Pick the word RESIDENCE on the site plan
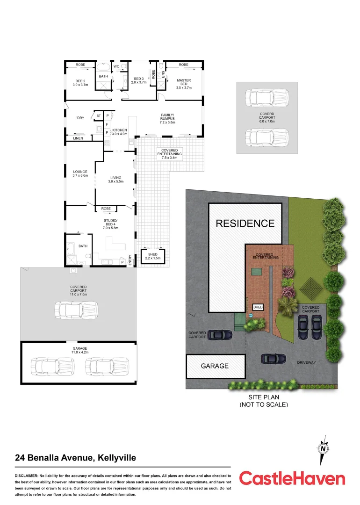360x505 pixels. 245,224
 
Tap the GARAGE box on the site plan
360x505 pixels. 215,366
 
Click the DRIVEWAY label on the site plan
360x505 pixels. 307,362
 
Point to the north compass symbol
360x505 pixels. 323,448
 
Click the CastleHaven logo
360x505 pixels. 292,478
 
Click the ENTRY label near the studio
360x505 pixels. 130,259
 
